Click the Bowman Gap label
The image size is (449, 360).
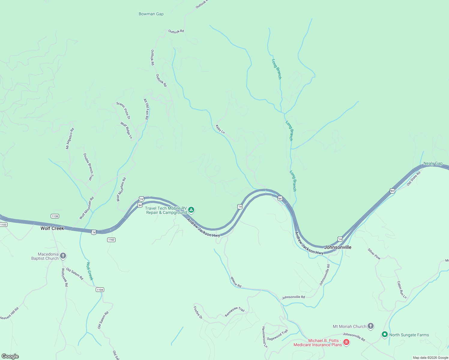tap(151, 14)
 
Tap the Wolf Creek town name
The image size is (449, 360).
tap(52, 228)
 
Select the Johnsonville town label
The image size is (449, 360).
tap(338, 247)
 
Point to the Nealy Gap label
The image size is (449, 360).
tap(433, 163)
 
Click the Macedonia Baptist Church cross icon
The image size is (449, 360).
tap(63, 256)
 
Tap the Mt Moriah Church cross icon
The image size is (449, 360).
tap(371, 326)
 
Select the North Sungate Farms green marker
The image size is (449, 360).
tap(385, 334)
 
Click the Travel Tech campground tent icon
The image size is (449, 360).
tap(191, 210)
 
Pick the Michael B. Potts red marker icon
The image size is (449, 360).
tap(346, 342)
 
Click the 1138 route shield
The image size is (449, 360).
tap(55, 216)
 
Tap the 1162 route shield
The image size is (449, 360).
tap(111, 240)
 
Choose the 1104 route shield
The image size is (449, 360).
tap(100, 289)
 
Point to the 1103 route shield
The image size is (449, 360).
tap(3, 224)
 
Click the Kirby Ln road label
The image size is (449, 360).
tap(220, 129)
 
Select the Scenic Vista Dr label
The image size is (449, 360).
tap(123, 110)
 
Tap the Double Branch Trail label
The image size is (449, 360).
tap(88, 167)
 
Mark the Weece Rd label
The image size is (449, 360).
tap(236, 282)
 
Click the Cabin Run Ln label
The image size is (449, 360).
tap(402, 290)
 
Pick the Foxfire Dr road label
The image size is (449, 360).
tap(198, 313)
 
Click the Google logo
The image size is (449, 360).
tap(10, 356)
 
